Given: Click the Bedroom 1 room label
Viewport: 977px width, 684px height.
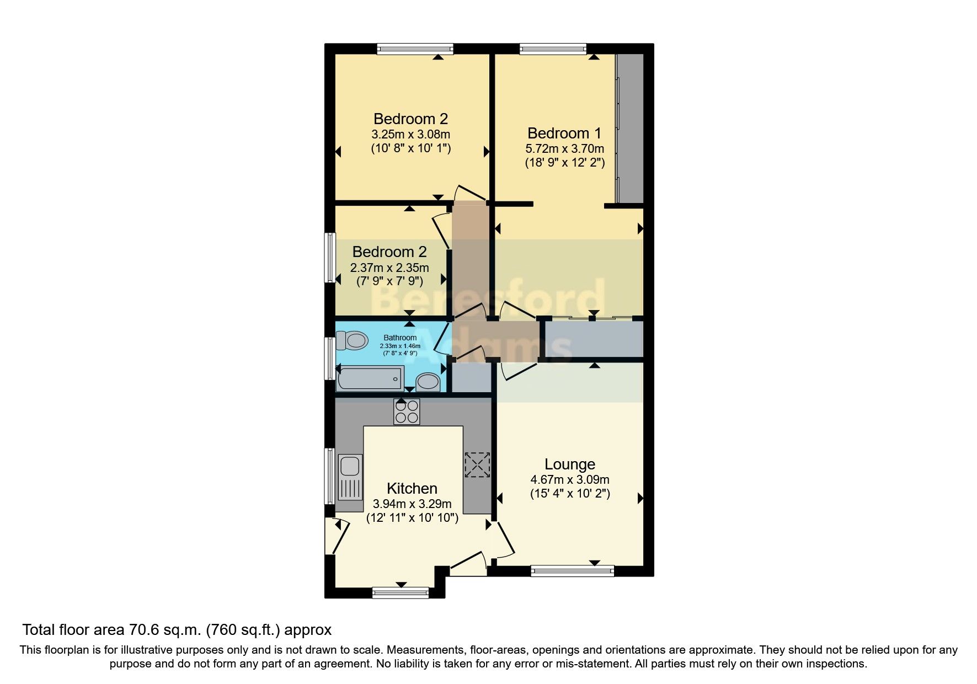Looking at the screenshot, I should coord(564,133).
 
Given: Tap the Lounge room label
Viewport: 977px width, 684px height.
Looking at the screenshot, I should coord(570,464).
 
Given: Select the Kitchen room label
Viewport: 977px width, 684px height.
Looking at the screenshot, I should coord(412,489).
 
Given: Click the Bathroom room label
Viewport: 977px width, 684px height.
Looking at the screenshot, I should coord(400,338).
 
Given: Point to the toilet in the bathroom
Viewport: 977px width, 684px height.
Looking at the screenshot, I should coord(353,340).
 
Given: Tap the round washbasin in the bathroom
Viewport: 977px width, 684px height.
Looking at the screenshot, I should coord(428,381).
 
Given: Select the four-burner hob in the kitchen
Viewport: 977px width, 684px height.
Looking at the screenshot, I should coord(407,412).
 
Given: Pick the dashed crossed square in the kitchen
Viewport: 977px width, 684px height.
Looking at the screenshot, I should coord(477,464).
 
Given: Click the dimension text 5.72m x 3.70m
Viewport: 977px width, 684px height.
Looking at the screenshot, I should coord(564,148).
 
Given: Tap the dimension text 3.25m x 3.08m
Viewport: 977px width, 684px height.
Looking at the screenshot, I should coord(410,134).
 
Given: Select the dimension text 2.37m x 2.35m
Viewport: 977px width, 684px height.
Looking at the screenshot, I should coord(389,268).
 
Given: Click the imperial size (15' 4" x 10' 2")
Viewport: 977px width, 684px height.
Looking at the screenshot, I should coord(570,494).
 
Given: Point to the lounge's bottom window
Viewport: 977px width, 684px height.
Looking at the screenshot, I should coord(572,571).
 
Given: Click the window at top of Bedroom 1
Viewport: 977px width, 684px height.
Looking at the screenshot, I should coord(553,49).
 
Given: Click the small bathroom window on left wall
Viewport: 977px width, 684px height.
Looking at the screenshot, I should coord(329,358).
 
